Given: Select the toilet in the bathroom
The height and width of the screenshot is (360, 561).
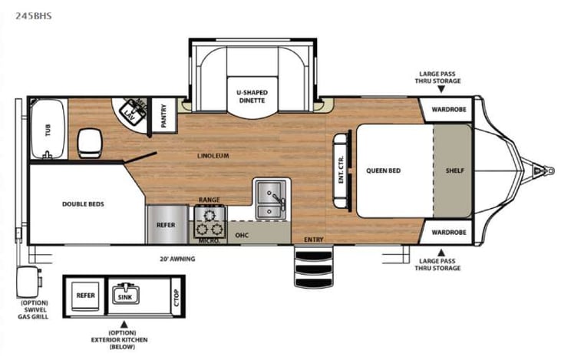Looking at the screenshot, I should [x=89, y=140].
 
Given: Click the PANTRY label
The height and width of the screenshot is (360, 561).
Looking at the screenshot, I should [x=163, y=115].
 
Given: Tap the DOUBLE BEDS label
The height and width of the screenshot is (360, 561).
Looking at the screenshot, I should [x=83, y=204].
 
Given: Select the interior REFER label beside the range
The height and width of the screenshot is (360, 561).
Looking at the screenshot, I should [x=165, y=226].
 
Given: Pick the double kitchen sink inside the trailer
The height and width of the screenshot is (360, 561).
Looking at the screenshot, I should [x=271, y=199].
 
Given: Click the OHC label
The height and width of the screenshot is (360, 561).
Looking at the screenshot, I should [x=242, y=235].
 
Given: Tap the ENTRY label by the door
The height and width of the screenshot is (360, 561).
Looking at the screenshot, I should [x=314, y=240].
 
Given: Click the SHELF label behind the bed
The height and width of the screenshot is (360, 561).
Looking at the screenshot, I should [x=455, y=170].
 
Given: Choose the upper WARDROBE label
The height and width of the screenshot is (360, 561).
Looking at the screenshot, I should [x=448, y=109].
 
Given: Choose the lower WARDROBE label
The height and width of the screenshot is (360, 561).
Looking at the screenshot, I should [x=448, y=232].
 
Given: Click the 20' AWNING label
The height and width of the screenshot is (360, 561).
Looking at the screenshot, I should [x=177, y=259].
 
